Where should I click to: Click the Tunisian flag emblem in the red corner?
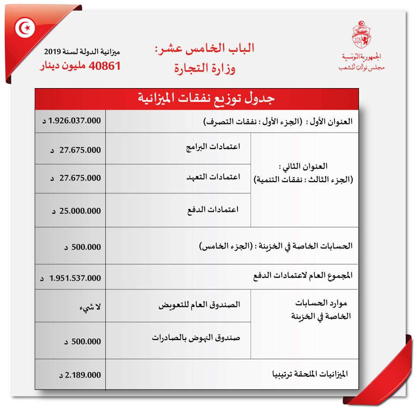24,29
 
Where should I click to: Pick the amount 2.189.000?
79,375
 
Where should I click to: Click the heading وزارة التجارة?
205,68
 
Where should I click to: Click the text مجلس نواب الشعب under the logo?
361,68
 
